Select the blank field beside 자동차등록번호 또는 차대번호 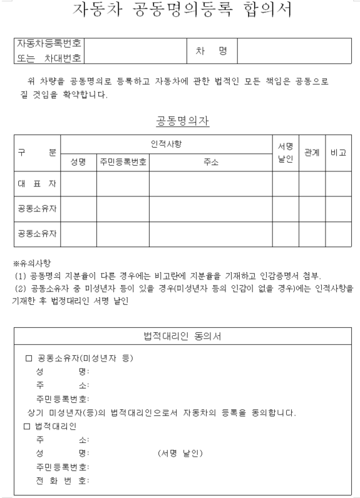(135, 51)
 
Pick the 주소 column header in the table (210, 162)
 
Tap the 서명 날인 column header (285, 153)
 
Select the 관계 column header (312, 153)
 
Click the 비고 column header (338, 153)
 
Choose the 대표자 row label (37, 184)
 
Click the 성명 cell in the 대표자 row (78, 184)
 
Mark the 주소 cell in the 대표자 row (210, 184)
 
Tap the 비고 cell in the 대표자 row (338, 184)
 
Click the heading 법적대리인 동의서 (182, 337)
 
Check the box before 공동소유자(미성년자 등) (28, 359)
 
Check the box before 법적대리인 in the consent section (28, 427)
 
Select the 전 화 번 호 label (62, 480)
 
